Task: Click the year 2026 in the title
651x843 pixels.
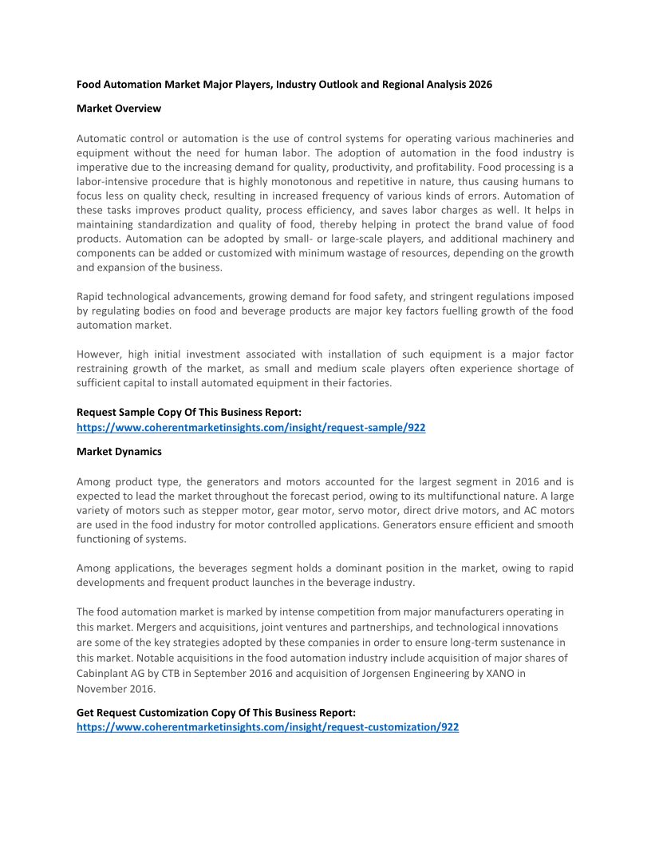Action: [x=480, y=84]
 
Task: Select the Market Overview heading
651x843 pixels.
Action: [x=119, y=108]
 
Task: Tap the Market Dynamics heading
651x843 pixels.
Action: [x=119, y=451]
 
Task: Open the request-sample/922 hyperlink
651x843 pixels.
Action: [x=251, y=427]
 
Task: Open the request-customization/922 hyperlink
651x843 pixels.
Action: [x=267, y=727]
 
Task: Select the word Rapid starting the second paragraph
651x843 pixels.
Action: [x=92, y=296]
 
